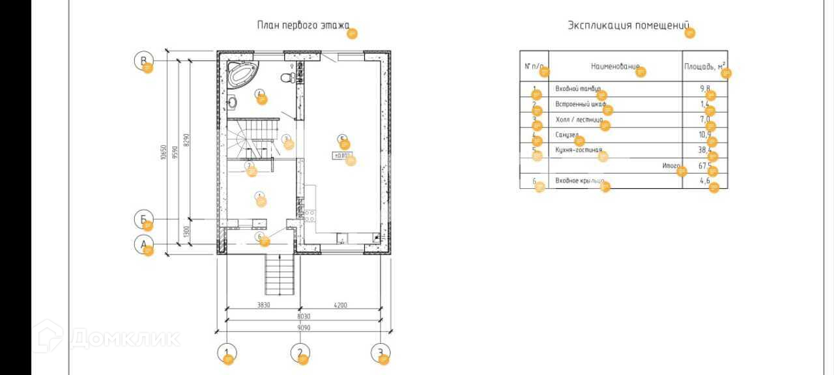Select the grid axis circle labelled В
coord(143,61)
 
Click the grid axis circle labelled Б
coord(143,219)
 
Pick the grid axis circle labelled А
coord(143,245)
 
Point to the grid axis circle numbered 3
coord(380,354)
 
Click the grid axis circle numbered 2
coord(299,354)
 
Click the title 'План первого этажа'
coord(303,26)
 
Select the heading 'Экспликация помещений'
coord(627,26)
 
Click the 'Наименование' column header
coord(614,66)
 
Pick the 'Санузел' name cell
coord(567,135)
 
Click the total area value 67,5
coord(704,166)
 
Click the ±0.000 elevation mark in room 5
coord(342,155)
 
